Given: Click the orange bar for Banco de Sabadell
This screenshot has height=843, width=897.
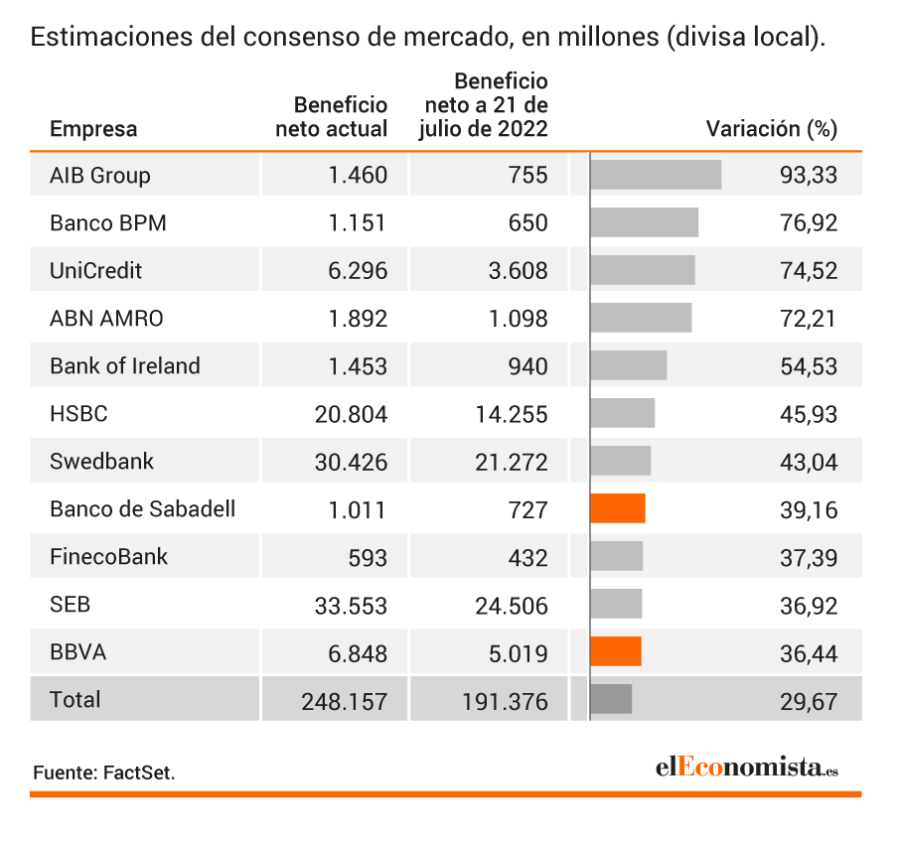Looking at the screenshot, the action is coord(618,508).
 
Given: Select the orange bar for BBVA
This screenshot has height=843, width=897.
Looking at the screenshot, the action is coord(616,651).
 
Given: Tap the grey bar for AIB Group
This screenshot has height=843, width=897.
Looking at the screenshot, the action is coord(657,175).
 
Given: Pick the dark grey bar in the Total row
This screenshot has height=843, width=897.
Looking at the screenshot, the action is coord(612,699).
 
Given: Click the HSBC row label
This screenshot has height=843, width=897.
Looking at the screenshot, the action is coord(78,413).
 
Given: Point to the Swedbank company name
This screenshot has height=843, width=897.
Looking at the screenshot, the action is coord(102,461).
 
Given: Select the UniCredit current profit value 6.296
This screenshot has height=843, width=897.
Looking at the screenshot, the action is coord(358,270).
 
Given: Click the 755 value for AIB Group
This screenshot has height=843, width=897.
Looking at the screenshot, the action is coord(528,175).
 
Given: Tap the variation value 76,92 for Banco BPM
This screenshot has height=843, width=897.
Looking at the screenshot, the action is coord(809,223).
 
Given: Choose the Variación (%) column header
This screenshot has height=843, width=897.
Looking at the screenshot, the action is coord(772,129).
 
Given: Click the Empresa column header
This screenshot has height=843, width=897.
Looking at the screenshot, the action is coord(93,129).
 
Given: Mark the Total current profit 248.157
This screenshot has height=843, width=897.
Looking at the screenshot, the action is coord(345,702).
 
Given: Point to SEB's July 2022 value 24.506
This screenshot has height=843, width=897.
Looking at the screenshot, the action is coord(512,607).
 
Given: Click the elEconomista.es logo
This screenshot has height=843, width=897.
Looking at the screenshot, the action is coord(747,767).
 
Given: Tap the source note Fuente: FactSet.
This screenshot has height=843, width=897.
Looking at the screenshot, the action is coord(104,773).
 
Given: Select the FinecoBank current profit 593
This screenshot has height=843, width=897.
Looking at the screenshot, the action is coord(368,558).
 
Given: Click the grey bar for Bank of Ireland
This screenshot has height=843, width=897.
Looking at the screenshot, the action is coord(629,365).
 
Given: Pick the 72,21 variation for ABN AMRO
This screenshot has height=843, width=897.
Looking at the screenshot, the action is coord(809,319).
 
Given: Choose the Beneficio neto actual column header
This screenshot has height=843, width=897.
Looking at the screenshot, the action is coord(332,117).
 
